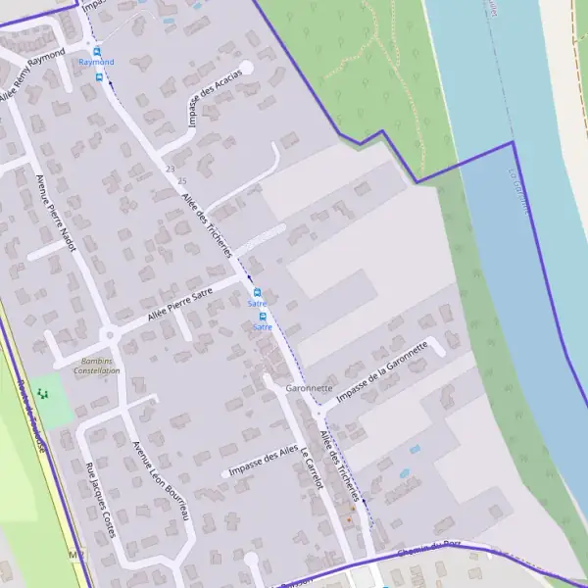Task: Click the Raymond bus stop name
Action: [96, 62]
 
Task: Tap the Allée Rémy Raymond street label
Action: [32, 75]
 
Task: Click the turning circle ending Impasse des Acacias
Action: [246, 68]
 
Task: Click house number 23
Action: [171, 170]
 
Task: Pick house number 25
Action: [182, 180]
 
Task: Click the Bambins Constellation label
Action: [96, 366]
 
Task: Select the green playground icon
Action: [42, 393]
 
